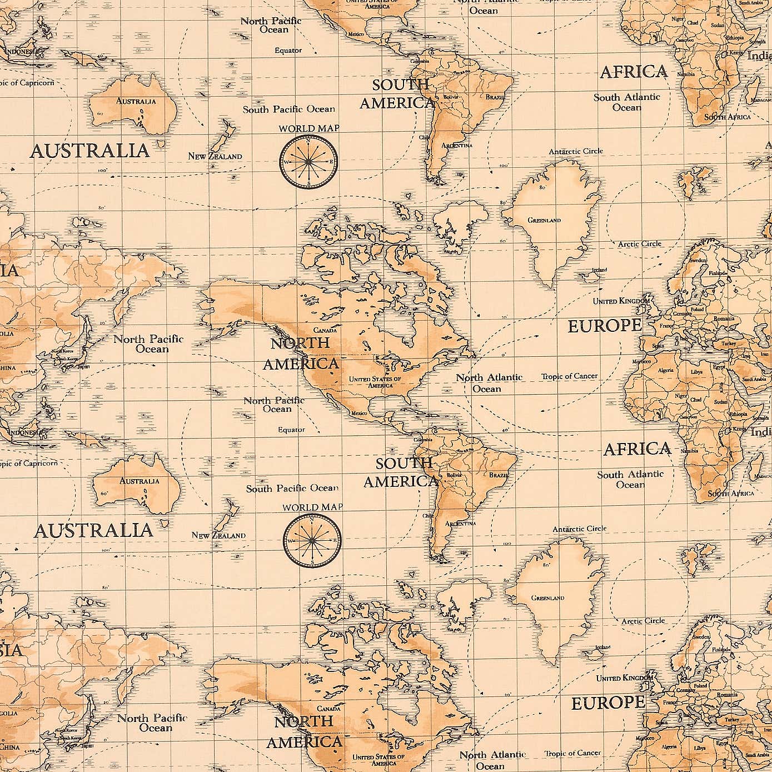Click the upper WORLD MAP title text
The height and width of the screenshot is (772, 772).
[308, 128]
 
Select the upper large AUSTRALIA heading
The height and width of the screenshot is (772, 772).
[89, 151]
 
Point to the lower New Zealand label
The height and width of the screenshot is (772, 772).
[218, 535]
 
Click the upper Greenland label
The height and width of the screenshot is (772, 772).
[544, 221]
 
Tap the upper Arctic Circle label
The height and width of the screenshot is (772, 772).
[640, 243]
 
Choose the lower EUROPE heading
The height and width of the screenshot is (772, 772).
[608, 704]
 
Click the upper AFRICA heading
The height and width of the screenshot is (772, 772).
[634, 72]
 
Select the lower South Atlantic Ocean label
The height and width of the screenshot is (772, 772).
[630, 479]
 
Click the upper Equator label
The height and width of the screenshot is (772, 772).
[288, 50]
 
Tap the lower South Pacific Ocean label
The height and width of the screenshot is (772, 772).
[292, 489]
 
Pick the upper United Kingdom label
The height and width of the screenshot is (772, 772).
[621, 301]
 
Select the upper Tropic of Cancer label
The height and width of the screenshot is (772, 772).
[570, 376]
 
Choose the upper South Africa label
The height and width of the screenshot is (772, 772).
[728, 117]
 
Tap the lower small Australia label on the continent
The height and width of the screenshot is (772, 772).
[140, 481]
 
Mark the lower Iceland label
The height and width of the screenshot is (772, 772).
[603, 647]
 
